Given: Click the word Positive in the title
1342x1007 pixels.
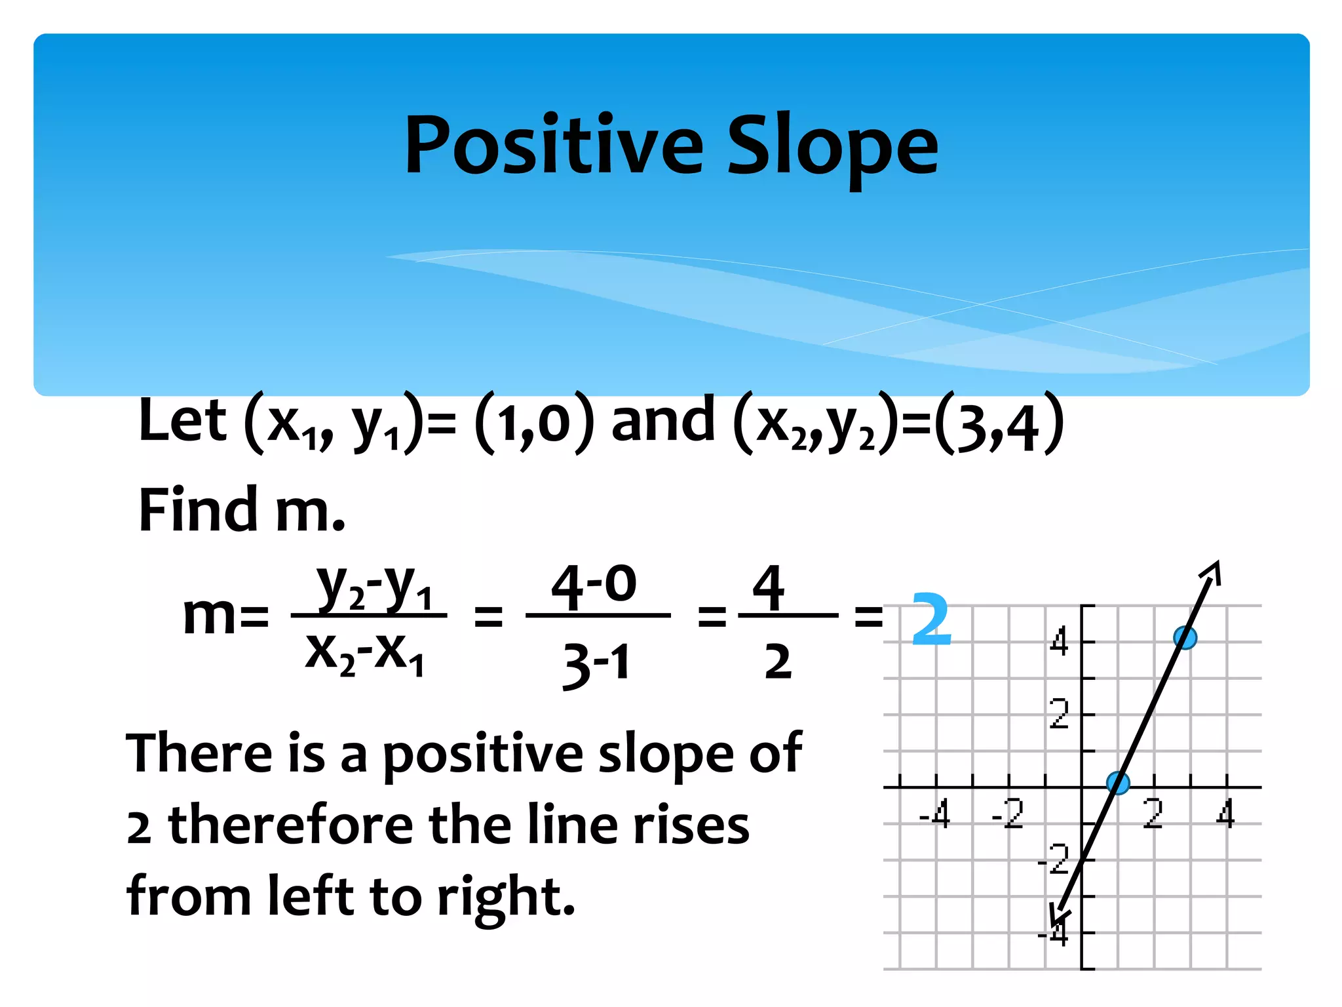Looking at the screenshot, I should tap(554, 146).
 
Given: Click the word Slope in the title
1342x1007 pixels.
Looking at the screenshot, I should tap(833, 148).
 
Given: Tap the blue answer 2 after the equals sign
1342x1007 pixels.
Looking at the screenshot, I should tap(930, 619).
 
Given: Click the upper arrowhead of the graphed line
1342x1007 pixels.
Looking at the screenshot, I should tap(1212, 571).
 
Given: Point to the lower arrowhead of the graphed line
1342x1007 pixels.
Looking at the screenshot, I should tap(1058, 915).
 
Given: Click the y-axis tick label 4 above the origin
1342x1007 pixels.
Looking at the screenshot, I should tap(1059, 641).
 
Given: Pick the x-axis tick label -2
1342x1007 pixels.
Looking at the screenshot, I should tap(1008, 814).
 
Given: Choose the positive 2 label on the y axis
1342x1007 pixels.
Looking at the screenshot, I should tap(1059, 714).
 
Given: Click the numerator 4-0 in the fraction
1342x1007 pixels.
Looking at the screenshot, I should tap(594, 585).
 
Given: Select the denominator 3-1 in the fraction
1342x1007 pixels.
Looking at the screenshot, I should tap(596, 663).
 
